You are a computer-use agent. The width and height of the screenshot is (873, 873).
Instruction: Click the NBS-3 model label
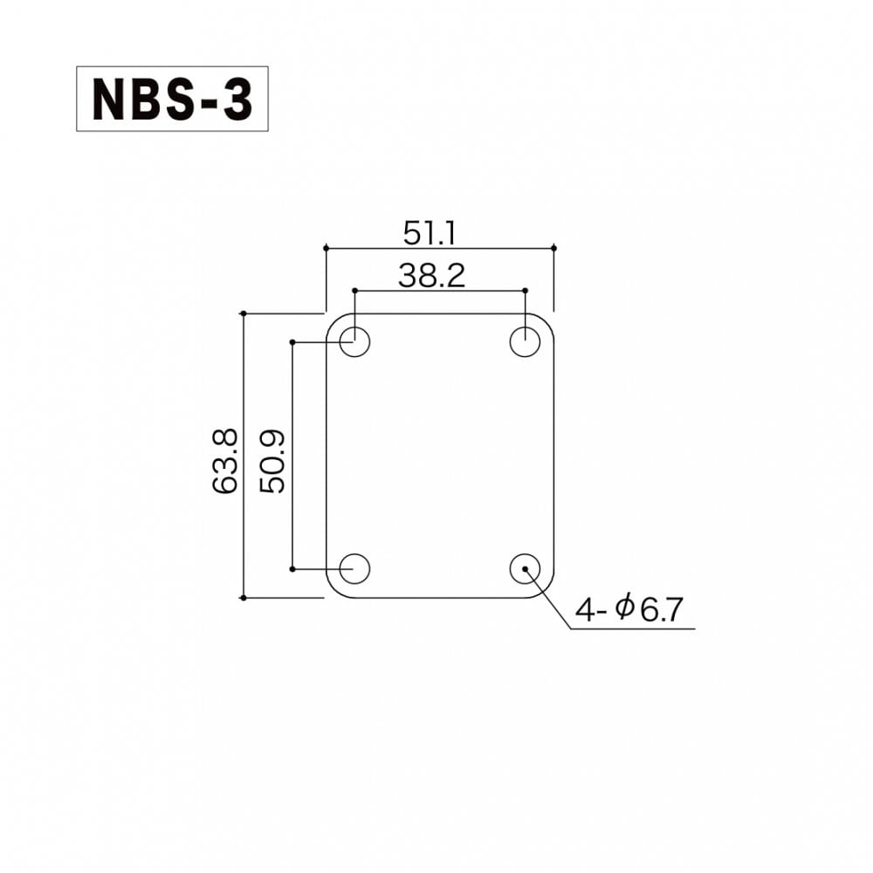(172, 100)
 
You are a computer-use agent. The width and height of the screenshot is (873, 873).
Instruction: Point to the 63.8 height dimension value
(224, 462)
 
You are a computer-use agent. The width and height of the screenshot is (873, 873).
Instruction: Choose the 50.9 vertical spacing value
(273, 462)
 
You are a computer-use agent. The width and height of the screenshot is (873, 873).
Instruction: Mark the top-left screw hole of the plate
(354, 341)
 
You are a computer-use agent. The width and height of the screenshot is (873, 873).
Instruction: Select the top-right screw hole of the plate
(526, 341)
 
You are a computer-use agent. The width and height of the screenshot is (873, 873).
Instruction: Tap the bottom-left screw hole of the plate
(354, 568)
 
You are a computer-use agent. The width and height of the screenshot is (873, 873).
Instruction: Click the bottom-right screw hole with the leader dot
(526, 568)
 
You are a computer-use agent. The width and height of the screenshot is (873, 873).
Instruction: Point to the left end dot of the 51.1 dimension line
(326, 248)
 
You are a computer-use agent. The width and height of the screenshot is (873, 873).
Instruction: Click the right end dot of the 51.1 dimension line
(554, 248)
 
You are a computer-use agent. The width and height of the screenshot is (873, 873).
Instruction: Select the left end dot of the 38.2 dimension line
(354, 290)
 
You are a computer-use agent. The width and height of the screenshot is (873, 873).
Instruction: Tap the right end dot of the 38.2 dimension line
(526, 290)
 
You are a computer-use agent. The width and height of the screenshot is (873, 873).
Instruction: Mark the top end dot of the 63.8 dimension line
(243, 313)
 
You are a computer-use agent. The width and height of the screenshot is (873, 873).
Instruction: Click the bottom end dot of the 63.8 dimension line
(243, 598)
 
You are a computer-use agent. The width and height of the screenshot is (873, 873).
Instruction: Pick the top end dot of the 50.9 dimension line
(292, 341)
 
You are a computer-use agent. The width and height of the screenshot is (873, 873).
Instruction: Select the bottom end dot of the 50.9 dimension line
(292, 568)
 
